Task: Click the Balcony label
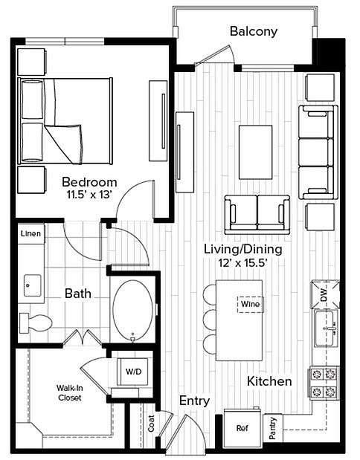click(254, 31)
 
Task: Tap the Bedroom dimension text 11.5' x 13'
click(90, 195)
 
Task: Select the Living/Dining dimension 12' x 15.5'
click(242, 262)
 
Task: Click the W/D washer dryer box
click(132, 372)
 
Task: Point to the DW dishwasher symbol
click(325, 294)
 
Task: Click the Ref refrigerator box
click(242, 428)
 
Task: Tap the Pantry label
click(273, 428)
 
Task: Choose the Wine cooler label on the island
click(250, 304)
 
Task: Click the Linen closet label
click(30, 234)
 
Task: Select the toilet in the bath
click(35, 323)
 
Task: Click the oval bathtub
click(133, 311)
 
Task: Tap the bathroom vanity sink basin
click(32, 285)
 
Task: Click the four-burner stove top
click(324, 383)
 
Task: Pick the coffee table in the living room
click(255, 152)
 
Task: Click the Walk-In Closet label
click(70, 393)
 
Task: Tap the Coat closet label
click(151, 423)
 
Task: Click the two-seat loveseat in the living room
click(257, 215)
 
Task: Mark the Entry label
click(194, 401)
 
